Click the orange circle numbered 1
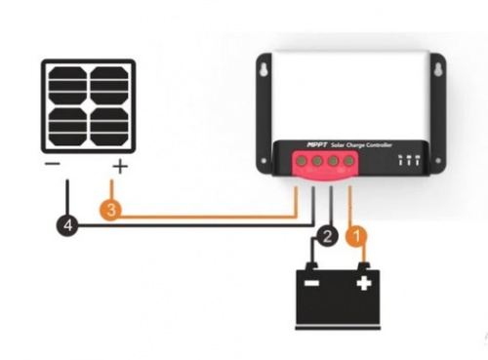pos(356,236)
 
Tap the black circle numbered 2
pos(327,236)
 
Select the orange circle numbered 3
pos(110,209)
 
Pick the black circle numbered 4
pos(67,224)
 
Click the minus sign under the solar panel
pos(53,164)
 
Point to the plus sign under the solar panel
pos(120,167)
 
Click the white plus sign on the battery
pos(364,283)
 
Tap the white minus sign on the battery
pos(311,283)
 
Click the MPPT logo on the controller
pos(317,144)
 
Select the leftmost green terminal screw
pos(302,161)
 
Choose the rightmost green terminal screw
pos(348,160)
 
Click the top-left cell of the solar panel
pos(67,86)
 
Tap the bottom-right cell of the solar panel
pos(109,127)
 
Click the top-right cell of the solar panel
pos(109,86)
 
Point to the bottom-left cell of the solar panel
pos(67,127)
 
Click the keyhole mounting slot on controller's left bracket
pos(264,70)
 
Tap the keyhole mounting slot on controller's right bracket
pos(438,69)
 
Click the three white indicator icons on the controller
pos(409,160)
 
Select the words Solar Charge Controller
pos(361,145)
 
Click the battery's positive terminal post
pos(364,266)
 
